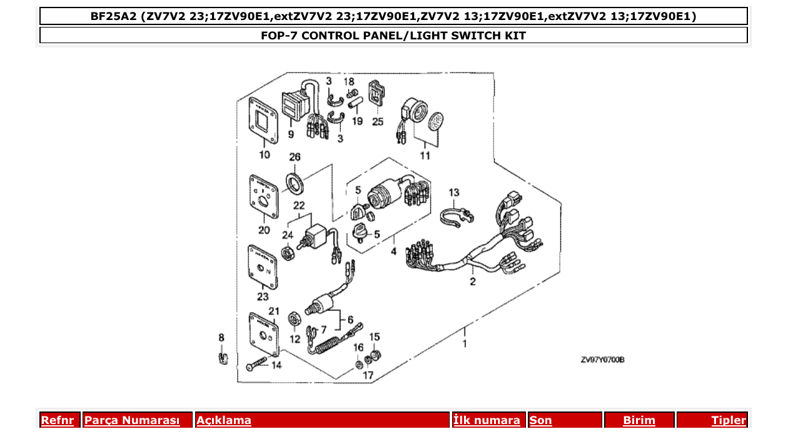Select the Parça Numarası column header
pyautogui.click(x=131, y=420)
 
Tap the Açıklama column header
pyautogui.click(x=224, y=420)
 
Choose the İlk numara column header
pyautogui.click(x=487, y=420)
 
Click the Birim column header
pyautogui.click(x=639, y=420)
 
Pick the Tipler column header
pyautogui.click(x=728, y=420)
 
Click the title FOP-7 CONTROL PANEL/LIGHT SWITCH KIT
pyautogui.click(x=393, y=36)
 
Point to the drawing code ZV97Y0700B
pyautogui.click(x=602, y=360)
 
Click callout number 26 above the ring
pyautogui.click(x=295, y=157)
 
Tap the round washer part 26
pyautogui.click(x=295, y=182)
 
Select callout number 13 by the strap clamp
pyautogui.click(x=453, y=192)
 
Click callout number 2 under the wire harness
pyautogui.click(x=473, y=282)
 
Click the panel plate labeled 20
pyautogui.click(x=263, y=196)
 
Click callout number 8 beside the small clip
pyautogui.click(x=221, y=338)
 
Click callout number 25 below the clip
pyautogui.click(x=378, y=121)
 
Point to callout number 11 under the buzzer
pyautogui.click(x=425, y=156)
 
